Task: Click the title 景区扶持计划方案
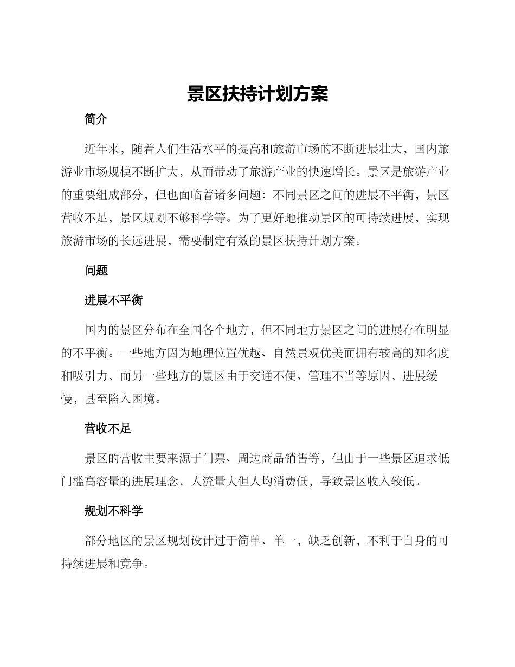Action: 257,94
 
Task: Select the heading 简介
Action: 96,120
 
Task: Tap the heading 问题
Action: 96,271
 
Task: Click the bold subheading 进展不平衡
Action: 113,300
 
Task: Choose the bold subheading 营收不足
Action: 108,429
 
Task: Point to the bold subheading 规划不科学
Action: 113,511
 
